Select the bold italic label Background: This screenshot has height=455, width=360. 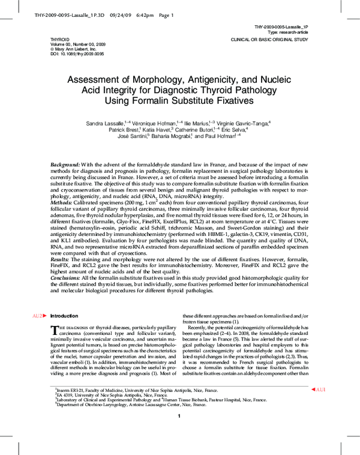pyautogui.click(x=65, y=164)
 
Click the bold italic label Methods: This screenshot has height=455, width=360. pyautogui.click(x=62, y=203)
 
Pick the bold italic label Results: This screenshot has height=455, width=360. pyautogui.click(x=62, y=256)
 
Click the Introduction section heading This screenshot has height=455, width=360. pyautogui.click(x=64, y=315)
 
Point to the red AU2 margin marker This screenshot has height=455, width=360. pyautogui.click(x=37, y=315)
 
